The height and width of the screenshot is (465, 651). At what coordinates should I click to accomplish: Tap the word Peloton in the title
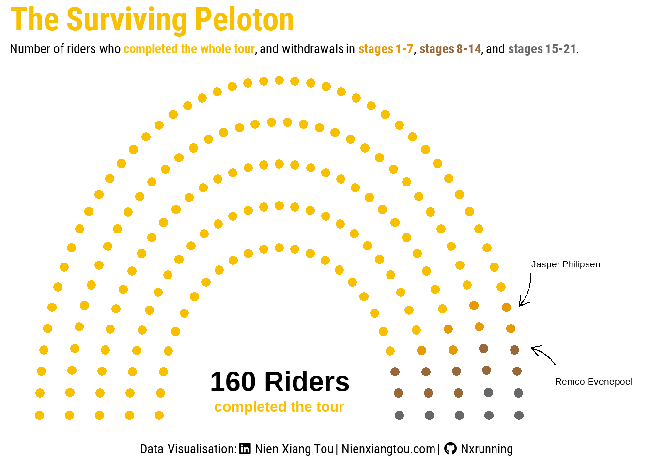tap(244, 20)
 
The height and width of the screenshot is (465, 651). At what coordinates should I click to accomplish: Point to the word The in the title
tap(35, 20)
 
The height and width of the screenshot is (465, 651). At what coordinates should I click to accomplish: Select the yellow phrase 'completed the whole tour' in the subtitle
tap(189, 49)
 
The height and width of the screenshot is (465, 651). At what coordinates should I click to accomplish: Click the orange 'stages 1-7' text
tap(386, 49)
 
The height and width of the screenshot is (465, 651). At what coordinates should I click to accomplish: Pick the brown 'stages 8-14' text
tap(450, 49)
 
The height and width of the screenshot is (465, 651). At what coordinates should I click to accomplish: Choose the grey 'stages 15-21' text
tap(542, 49)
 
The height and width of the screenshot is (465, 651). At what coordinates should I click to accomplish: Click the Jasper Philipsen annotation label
tap(565, 264)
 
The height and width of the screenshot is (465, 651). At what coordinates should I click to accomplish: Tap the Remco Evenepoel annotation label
tap(593, 382)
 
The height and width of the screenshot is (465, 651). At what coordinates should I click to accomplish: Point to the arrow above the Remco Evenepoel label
tap(543, 355)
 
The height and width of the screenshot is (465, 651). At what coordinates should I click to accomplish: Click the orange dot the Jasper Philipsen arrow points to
tap(506, 308)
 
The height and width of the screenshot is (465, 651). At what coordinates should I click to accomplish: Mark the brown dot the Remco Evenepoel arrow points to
tap(514, 350)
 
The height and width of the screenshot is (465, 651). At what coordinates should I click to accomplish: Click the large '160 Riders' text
tap(279, 382)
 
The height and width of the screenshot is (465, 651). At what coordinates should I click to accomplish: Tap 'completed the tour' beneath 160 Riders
tap(279, 407)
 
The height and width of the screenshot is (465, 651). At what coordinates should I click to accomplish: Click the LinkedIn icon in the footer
tap(245, 449)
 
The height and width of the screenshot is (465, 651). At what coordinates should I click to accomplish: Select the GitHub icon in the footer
tap(450, 449)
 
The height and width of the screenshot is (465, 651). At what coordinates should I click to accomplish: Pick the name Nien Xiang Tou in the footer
tap(294, 449)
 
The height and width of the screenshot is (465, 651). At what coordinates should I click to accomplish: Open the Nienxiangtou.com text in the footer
tap(388, 449)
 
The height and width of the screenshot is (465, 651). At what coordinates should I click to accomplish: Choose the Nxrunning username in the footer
tap(486, 449)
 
